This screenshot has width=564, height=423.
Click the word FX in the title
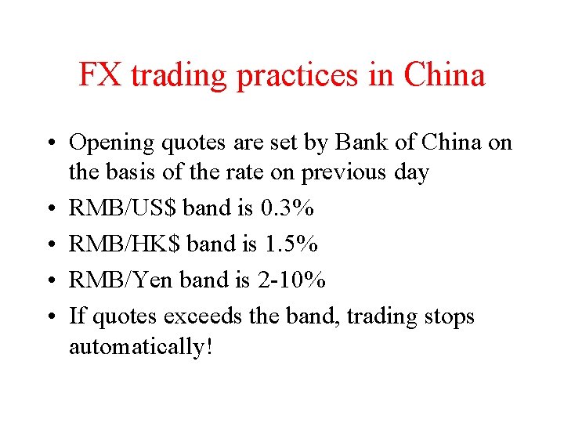[x=101, y=75]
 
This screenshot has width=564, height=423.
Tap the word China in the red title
[x=445, y=75]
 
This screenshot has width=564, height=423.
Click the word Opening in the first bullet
[x=113, y=143]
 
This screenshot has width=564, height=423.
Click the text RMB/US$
[x=125, y=208]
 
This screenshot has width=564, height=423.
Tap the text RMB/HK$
[x=127, y=244]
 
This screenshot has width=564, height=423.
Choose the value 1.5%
[x=291, y=244]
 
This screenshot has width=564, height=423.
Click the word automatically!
[x=140, y=346]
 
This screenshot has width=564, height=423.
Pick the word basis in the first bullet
[x=142, y=172]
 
